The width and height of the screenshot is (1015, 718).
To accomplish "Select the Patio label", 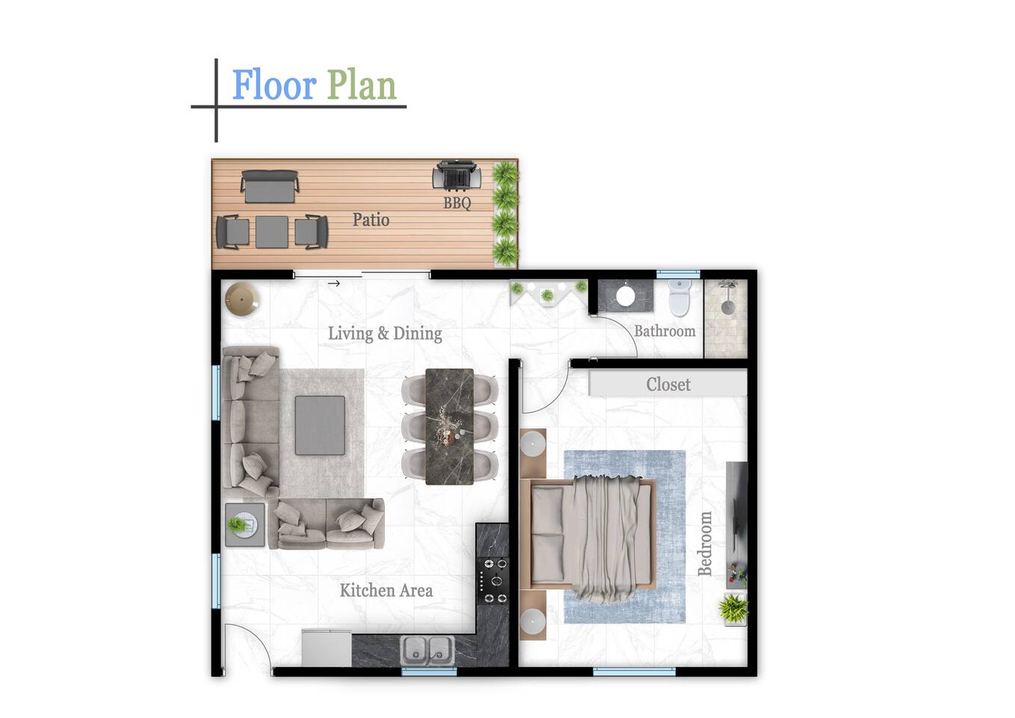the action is point(371,220).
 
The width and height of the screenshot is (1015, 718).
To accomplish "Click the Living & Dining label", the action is point(385,334).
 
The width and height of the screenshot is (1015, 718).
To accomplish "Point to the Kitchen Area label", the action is point(386,590).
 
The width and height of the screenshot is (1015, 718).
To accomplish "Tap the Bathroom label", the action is point(664,331).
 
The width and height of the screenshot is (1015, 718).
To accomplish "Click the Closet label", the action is point(668,384).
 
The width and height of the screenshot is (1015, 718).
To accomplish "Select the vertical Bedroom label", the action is point(705,544).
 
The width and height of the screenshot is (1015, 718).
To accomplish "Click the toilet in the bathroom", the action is point(679,298).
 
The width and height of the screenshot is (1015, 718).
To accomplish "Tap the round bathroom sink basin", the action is point(626,296).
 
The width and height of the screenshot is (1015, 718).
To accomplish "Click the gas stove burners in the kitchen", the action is point(494,581).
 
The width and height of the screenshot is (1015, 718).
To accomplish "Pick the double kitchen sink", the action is point(428,649).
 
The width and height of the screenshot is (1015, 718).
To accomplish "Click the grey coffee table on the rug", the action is point(320,425).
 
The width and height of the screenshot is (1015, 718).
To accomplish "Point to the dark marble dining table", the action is point(449,426).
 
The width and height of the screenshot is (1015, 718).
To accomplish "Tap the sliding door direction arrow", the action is point(334,283).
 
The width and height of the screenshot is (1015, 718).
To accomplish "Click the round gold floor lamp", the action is point(242,298).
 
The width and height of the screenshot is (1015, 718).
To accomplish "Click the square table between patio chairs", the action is point(271,232).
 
